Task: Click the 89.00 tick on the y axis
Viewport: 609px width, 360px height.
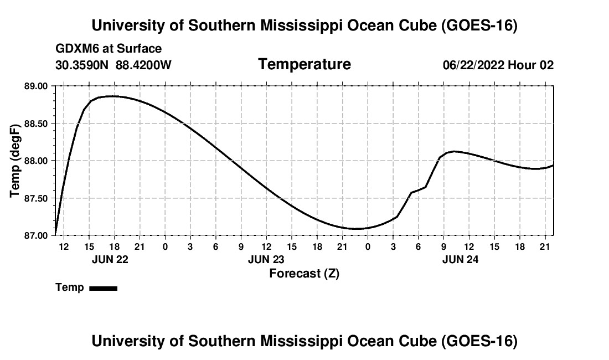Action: [36, 86]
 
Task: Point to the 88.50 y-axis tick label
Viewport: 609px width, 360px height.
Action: [36, 124]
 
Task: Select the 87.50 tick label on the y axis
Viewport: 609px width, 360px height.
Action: [36, 198]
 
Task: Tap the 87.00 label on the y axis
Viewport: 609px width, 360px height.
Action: [36, 236]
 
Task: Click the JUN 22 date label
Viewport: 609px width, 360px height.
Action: [110, 259]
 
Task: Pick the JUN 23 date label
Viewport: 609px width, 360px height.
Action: [266, 259]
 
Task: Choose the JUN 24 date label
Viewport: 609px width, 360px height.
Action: [460, 259]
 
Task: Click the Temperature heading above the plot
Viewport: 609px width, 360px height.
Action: [304, 64]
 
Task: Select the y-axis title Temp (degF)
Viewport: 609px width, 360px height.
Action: [15, 161]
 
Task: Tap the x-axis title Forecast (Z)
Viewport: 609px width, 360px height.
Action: [304, 274]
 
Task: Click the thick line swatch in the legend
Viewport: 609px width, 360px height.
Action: [104, 288]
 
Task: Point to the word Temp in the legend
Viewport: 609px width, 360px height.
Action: [70, 287]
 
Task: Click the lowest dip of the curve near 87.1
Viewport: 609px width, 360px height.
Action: [356, 228]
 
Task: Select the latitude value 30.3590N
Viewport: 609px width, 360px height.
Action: [82, 65]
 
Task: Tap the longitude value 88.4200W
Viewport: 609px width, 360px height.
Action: [143, 65]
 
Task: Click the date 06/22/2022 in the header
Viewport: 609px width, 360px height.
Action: [473, 65]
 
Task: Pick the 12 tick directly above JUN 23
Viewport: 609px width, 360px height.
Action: [266, 246]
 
